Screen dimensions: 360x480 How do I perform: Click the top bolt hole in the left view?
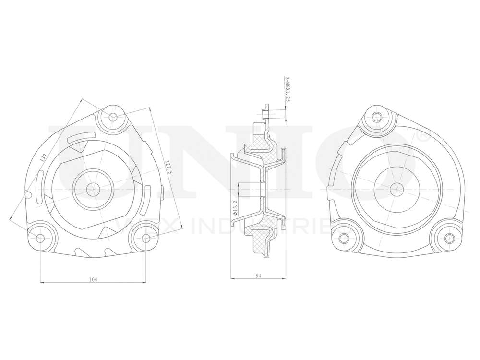coord(113,117)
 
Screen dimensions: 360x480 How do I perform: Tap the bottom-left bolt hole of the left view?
coord(40,237)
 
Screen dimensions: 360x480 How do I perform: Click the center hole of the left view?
coord(93,189)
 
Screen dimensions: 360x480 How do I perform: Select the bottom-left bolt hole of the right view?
coord(343,238)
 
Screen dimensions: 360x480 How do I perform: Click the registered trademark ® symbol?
coord(423,136)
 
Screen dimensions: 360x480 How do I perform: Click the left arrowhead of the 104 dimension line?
coord(42,283)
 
